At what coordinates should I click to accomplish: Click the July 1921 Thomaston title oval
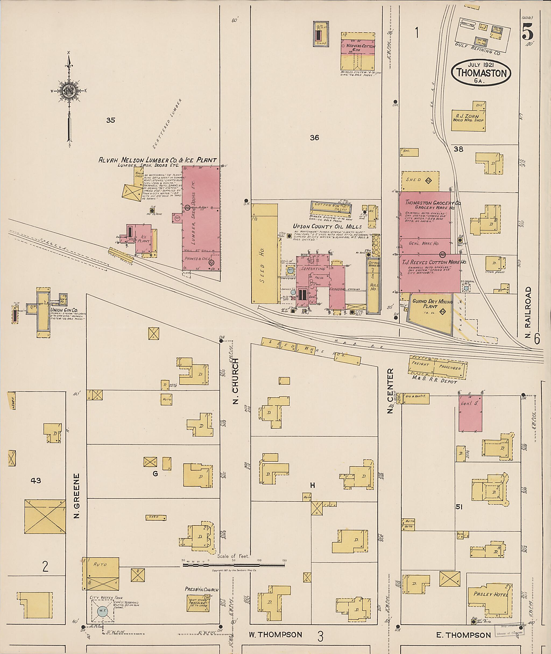(x=481, y=72)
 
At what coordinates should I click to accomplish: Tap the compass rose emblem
(x=68, y=91)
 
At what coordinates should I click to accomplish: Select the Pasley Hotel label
(x=490, y=594)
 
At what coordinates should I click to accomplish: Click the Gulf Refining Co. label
(x=477, y=49)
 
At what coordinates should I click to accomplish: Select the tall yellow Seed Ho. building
(x=264, y=254)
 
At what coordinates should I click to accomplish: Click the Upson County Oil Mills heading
(x=327, y=227)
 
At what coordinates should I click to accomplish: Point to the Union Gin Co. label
(x=64, y=310)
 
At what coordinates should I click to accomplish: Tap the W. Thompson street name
(x=275, y=635)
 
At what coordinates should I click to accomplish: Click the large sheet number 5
(x=527, y=32)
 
